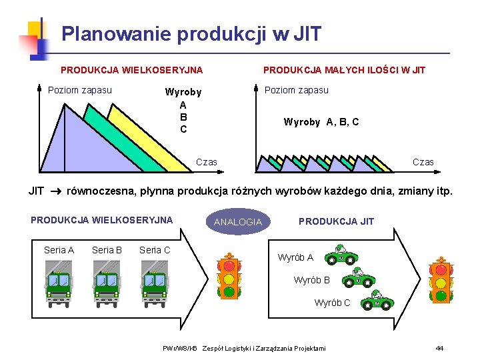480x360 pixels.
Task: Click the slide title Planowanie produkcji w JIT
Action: pos(191,33)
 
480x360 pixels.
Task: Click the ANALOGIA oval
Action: pos(238,222)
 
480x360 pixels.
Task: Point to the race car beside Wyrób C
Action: pos(377,301)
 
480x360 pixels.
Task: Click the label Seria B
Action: pos(107,250)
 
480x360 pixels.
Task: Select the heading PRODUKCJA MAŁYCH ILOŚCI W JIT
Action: pos(344,70)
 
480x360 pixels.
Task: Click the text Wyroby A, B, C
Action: pos(321,122)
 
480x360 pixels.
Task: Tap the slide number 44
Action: pos(439,348)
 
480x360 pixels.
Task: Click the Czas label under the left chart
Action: pos(206,162)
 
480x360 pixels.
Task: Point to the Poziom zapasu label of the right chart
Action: pos(297,90)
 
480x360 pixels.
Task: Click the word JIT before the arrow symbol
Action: pos(36,191)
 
